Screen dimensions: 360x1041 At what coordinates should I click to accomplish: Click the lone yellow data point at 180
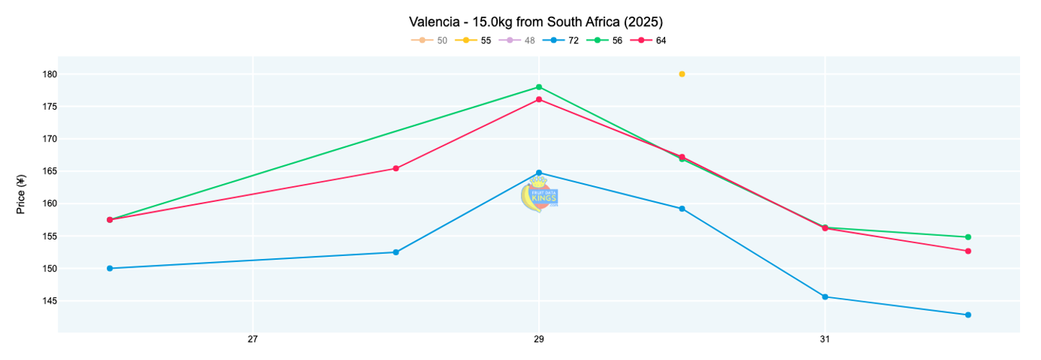(x=682, y=74)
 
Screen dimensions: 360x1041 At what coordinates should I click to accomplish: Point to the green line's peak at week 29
(x=539, y=87)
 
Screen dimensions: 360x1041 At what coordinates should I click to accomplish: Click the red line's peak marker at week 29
(x=539, y=100)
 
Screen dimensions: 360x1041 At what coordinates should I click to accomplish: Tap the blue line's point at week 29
(x=539, y=173)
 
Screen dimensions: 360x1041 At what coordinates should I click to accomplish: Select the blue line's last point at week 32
(x=968, y=315)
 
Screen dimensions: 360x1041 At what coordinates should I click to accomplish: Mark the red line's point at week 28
(x=396, y=168)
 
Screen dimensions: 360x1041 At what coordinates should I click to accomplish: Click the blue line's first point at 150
(x=110, y=268)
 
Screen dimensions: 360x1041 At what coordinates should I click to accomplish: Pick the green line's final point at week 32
(x=968, y=237)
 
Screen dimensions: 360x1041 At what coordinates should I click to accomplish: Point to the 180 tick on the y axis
(x=50, y=74)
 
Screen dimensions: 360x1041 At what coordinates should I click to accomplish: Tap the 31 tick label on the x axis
(x=825, y=339)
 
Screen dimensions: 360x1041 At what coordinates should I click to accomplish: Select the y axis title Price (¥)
(x=22, y=195)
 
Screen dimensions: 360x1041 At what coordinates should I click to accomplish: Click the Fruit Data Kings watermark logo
(x=540, y=196)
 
